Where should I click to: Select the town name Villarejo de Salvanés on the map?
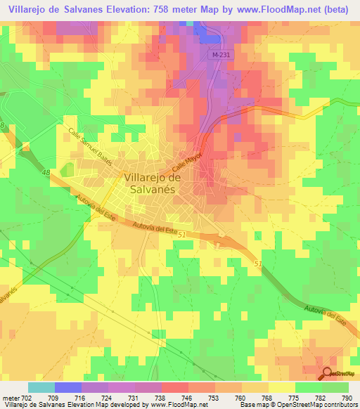point(152,183)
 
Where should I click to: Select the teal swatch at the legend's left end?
point(41,387)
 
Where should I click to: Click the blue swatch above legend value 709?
point(68,387)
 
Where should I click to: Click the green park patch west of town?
point(67,170)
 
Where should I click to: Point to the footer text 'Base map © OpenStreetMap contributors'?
point(296,405)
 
